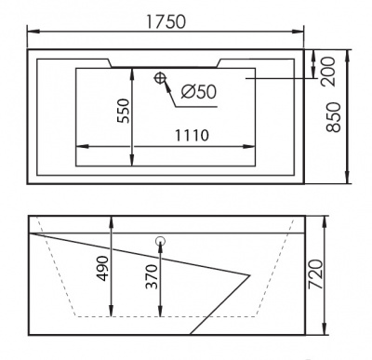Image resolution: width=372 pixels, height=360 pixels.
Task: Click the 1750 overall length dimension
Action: coord(166,21)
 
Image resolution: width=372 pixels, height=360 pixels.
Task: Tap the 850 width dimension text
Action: coord(334,117)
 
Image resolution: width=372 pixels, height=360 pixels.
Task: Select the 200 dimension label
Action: coord(328,72)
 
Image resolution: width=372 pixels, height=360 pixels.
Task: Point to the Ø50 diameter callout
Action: coord(199,91)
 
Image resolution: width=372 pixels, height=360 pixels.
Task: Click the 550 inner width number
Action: coord(124,111)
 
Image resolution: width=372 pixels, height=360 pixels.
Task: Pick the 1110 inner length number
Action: coord(193,135)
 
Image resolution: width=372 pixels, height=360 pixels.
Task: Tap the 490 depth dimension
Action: coord(102,269)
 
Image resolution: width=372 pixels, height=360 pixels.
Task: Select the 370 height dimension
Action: coord(152,276)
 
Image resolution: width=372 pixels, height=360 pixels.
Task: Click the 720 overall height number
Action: coord(316,274)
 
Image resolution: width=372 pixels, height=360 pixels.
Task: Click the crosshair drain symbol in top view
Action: coord(160,77)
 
